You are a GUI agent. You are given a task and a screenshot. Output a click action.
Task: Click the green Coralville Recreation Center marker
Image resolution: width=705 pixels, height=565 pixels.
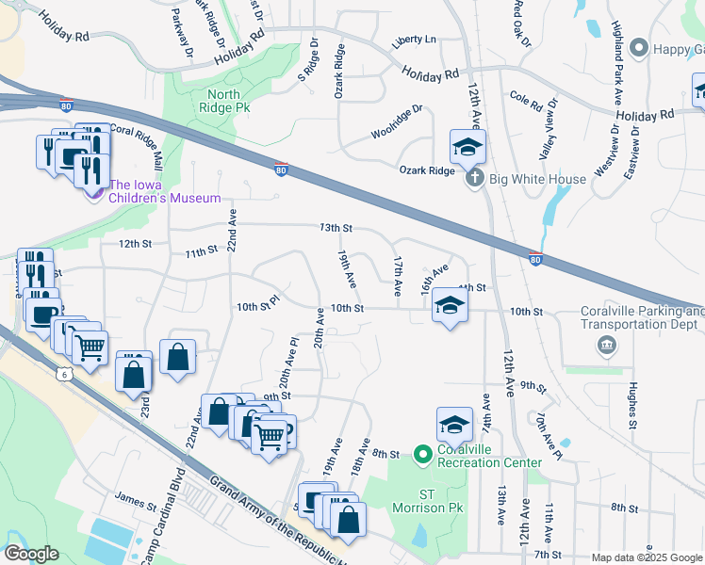(422, 454)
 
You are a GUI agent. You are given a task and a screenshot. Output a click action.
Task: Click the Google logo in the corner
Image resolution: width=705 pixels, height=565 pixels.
(32, 553)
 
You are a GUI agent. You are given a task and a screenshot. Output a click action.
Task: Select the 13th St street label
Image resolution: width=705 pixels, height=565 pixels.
(335, 228)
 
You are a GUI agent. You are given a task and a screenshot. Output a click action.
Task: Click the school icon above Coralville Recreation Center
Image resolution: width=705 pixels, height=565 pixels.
(454, 423)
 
